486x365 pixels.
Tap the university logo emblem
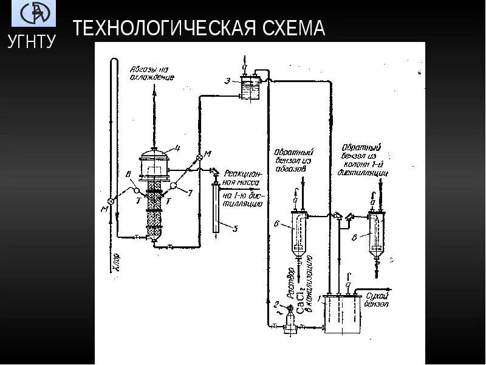point(33,13)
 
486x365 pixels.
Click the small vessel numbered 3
point(248,89)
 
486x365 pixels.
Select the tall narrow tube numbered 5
point(216,207)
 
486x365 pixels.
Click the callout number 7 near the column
point(190,193)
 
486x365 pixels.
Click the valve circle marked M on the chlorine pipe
point(110,201)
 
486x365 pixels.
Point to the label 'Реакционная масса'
point(242,177)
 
